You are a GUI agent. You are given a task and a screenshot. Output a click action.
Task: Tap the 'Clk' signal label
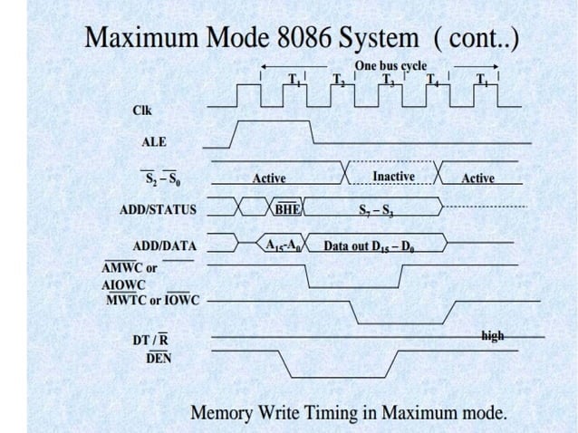(142, 111)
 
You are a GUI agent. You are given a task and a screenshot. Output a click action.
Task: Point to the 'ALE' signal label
(154, 142)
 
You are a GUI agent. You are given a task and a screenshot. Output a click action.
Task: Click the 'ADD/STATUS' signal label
(158, 209)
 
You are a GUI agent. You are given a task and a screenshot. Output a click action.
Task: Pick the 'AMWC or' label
(129, 268)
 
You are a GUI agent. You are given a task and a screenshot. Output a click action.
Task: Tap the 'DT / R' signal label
(149, 340)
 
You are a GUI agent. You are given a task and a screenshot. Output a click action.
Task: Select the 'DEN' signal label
(159, 358)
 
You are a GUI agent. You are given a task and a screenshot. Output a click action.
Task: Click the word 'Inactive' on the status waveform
(393, 176)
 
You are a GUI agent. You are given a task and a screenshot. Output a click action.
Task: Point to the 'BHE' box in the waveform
(287, 209)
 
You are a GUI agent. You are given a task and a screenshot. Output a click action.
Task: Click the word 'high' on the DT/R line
(493, 336)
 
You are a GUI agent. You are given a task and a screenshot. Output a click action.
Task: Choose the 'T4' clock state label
(433, 78)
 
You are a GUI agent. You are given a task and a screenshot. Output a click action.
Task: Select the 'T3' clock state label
(388, 78)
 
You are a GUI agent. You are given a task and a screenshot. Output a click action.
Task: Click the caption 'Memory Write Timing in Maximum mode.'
(349, 413)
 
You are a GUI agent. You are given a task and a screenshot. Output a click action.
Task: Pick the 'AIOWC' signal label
(123, 284)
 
